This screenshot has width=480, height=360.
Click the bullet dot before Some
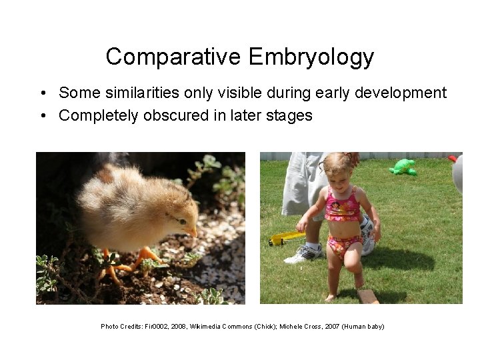(42, 93)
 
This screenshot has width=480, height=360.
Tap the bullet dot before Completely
(42, 115)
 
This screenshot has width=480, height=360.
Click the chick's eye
(181, 220)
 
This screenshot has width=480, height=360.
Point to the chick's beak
(193, 232)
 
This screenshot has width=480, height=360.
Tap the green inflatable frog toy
(403, 167)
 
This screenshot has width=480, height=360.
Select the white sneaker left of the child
(305, 253)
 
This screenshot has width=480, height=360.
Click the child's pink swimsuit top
(342, 209)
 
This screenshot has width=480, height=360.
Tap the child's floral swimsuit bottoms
(345, 246)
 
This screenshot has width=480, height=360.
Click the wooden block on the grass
(367, 295)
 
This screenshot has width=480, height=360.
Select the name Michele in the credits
(291, 327)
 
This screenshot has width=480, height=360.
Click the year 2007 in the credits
(332, 327)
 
